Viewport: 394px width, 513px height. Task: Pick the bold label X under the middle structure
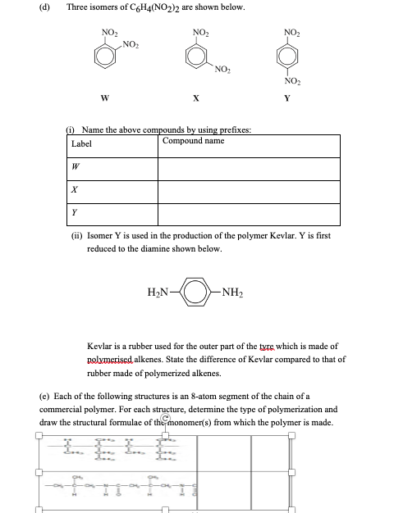pos(195,116)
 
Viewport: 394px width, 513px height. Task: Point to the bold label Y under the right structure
pos(286,116)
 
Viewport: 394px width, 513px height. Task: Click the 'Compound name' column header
pos(193,141)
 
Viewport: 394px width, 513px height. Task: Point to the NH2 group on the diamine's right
pos(235,290)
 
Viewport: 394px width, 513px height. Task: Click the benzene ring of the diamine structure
pos(196,290)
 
